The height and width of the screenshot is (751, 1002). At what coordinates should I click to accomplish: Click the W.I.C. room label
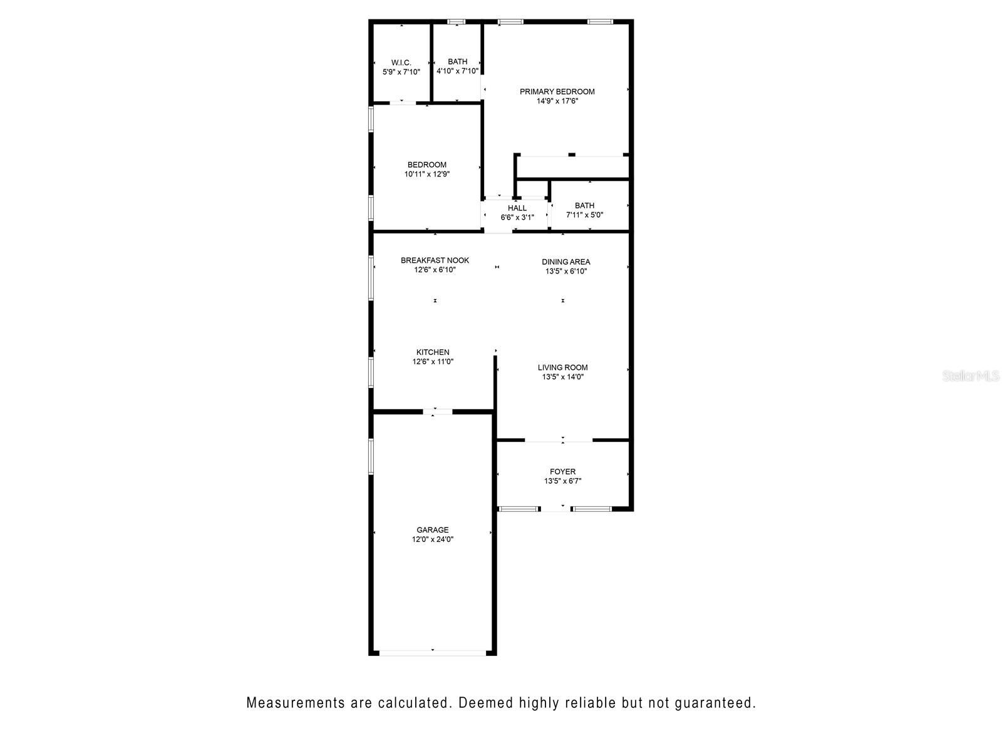pos(401,63)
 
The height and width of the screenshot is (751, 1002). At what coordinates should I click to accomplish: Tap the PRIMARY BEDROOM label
pos(557,91)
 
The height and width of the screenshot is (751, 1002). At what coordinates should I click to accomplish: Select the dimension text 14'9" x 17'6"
pos(557,101)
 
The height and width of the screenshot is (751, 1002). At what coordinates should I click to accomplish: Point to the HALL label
pos(517,208)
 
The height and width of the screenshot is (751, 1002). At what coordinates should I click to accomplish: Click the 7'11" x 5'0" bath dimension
pos(584,215)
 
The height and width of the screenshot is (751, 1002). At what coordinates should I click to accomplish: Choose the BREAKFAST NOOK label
pos(435,260)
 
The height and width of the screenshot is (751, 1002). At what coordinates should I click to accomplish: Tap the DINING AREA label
pos(566,262)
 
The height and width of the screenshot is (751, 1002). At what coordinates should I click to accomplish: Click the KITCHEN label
pos(432,352)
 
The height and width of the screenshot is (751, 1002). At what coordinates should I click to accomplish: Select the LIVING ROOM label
pos(562,367)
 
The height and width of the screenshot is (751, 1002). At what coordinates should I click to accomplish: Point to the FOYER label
pos(562,471)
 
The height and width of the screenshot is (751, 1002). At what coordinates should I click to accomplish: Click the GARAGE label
pos(432,530)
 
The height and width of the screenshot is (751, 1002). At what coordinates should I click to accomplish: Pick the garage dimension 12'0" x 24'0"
pos(432,539)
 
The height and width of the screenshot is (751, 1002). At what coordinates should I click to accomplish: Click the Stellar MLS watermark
pos(971,375)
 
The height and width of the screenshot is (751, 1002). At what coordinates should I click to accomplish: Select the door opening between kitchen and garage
pos(437,412)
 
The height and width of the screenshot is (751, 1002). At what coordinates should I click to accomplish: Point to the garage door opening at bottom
pos(432,653)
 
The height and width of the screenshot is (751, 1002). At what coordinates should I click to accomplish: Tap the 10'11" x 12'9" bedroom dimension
pos(427,174)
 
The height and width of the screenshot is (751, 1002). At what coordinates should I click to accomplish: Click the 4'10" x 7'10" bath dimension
pos(457,71)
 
